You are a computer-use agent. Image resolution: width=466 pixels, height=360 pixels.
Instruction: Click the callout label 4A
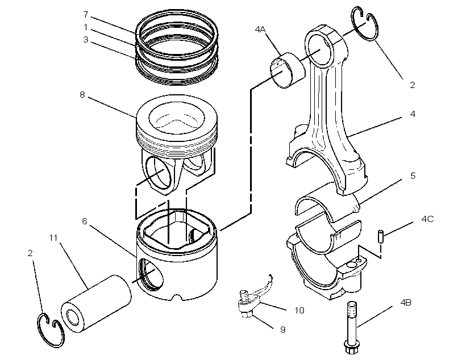pyautogui.click(x=260, y=29)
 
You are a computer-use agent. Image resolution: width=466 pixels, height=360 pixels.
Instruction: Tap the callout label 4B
pyautogui.click(x=406, y=303)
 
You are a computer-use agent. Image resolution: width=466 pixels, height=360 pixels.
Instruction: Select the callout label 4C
pyautogui.click(x=427, y=219)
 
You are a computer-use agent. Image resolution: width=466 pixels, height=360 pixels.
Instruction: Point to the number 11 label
pyautogui.click(x=53, y=237)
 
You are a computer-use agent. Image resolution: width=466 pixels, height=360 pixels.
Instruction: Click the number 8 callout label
pyautogui.click(x=82, y=95)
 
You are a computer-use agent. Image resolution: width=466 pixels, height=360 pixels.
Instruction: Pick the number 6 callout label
pyautogui.click(x=85, y=221)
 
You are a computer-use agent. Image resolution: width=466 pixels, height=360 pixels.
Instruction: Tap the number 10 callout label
pyautogui.click(x=299, y=311)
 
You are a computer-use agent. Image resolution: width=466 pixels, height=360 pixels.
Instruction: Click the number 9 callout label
pyautogui.click(x=282, y=330)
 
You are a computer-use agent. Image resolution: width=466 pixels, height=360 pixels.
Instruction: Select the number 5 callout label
pyautogui.click(x=413, y=176)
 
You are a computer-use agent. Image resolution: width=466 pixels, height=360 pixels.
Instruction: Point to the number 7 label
pyautogui.click(x=86, y=14)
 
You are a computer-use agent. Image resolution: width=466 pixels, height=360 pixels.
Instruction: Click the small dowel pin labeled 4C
pyautogui.click(x=380, y=236)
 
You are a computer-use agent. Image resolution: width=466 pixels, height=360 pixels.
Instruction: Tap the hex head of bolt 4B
pyautogui.click(x=352, y=348)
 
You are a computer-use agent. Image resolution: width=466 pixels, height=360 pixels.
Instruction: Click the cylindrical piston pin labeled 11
pyautogui.click(x=96, y=304)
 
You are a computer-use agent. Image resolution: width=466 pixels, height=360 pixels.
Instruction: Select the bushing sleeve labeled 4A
pyautogui.click(x=288, y=70)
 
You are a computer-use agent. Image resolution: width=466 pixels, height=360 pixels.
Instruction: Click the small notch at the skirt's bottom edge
pyautogui.click(x=177, y=297)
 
